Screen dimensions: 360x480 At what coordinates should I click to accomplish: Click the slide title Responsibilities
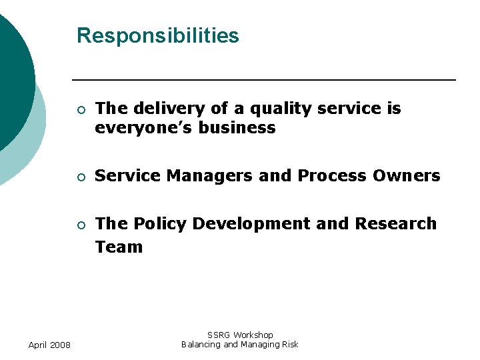pos(157,35)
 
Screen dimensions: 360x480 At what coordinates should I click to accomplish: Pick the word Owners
pos(406,176)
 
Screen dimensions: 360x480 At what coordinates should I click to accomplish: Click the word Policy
pos(157,224)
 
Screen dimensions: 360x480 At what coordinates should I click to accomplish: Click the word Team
pos(119,247)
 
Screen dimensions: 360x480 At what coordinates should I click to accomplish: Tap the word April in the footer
pos(37,345)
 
